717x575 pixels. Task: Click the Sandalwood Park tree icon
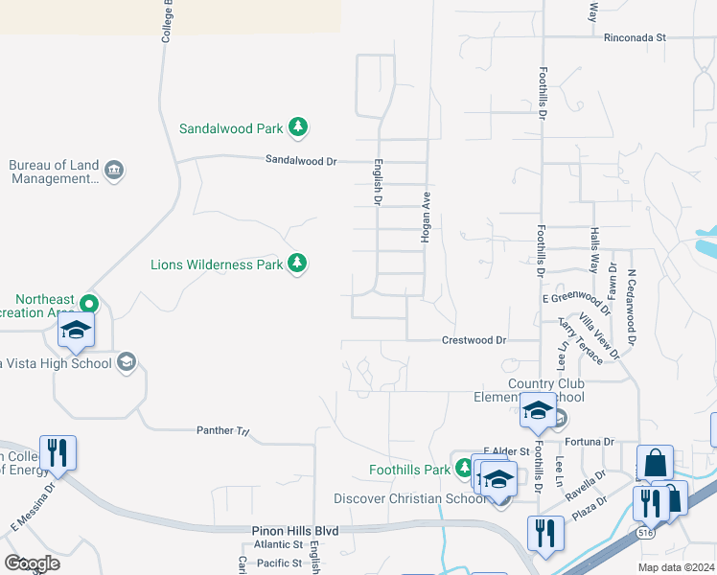coord(298,127)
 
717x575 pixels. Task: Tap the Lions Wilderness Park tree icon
coord(297,263)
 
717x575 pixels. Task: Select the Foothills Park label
coord(409,470)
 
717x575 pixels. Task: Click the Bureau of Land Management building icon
coord(114,172)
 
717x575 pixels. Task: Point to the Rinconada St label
coord(635,38)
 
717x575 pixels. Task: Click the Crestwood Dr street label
coord(474,340)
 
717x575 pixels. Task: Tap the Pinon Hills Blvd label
coord(296,530)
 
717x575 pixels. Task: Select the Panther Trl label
coord(222,431)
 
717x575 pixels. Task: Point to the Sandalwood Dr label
coord(301,161)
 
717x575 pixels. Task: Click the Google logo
coord(32,563)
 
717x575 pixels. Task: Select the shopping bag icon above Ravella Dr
coord(656,464)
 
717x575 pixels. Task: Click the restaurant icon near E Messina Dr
coord(58,452)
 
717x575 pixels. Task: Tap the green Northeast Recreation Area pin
coord(89,305)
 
